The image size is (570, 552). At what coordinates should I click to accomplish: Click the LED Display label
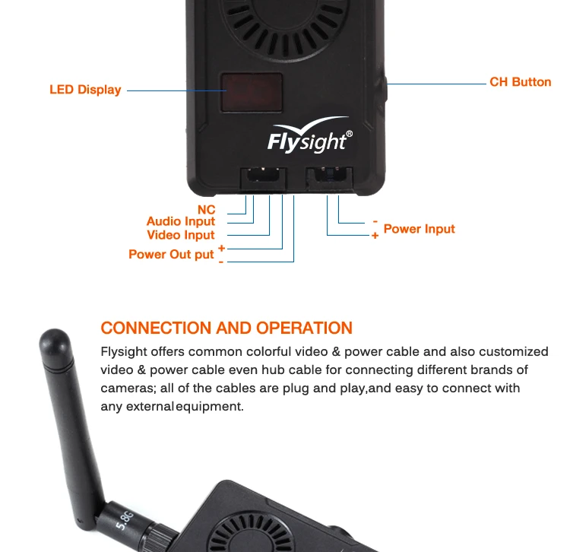(x=85, y=90)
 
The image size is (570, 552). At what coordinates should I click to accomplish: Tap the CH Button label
(x=520, y=82)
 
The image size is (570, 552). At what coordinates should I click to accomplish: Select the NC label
(x=206, y=210)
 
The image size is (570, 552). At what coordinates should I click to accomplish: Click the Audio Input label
(x=181, y=222)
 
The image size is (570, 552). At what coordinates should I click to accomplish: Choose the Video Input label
(x=181, y=235)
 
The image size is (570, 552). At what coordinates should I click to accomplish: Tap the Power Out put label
(x=171, y=254)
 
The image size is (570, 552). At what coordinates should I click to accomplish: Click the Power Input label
(x=419, y=229)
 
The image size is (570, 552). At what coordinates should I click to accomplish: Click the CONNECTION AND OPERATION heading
(x=226, y=328)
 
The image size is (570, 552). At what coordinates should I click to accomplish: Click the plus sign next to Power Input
(x=375, y=236)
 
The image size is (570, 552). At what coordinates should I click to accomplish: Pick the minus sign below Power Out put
(x=220, y=261)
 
